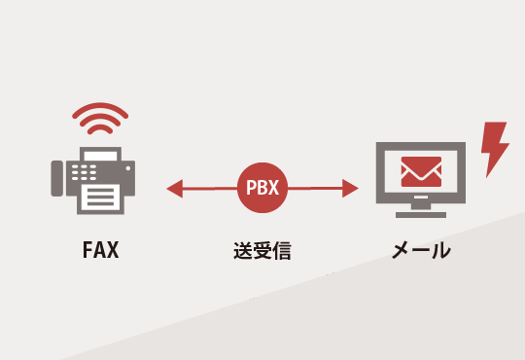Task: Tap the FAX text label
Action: pyautogui.click(x=100, y=250)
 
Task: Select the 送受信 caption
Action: pyautogui.click(x=262, y=250)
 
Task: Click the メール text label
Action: pyautogui.click(x=420, y=250)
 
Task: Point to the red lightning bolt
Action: pyautogui.click(x=495, y=147)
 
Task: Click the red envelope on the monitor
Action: pyautogui.click(x=421, y=172)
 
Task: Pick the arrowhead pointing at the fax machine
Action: pyautogui.click(x=175, y=188)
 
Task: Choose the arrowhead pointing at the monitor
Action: pyautogui.click(x=351, y=188)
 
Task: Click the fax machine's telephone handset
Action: pyautogui.click(x=60, y=181)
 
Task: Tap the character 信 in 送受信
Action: pyautogui.click(x=282, y=250)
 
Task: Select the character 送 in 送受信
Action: pyautogui.click(x=243, y=250)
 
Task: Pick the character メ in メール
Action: pyautogui.click(x=400, y=250)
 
